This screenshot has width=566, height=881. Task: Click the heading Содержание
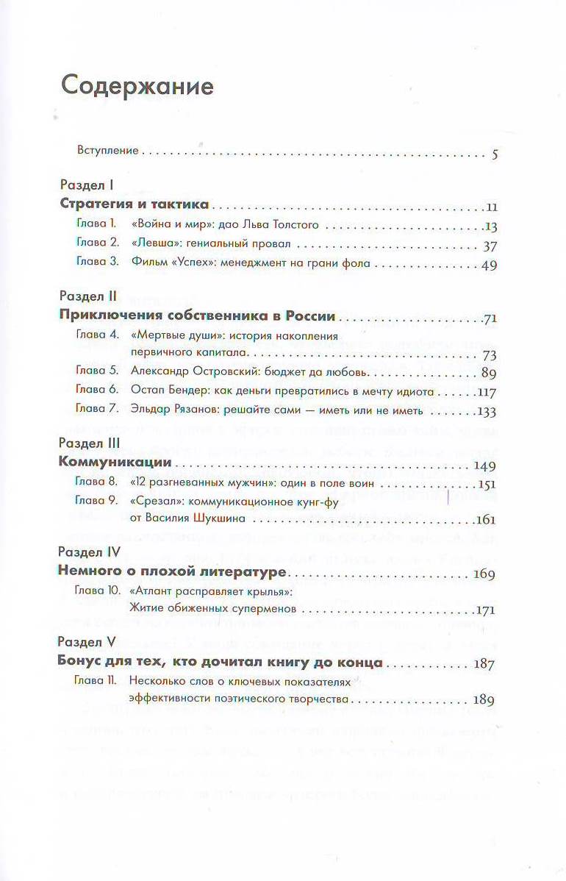[x=137, y=86]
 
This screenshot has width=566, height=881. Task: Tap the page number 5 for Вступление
[x=495, y=154]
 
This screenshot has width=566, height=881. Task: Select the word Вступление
[x=108, y=151]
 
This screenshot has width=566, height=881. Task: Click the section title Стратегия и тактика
[x=134, y=205]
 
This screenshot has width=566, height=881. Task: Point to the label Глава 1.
[x=96, y=224]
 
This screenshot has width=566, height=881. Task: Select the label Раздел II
[x=87, y=297]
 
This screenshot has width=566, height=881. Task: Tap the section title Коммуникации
[x=115, y=463]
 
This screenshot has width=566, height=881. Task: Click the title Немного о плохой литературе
[x=172, y=572]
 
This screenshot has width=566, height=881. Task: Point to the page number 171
[x=485, y=610]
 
